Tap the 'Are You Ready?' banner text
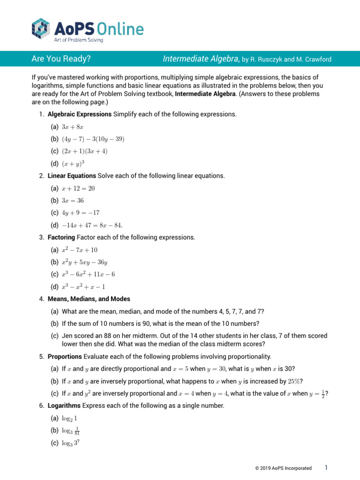tap(61, 59)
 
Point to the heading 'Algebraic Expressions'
tap(80, 114)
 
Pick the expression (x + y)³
tap(74, 164)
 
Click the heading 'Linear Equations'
tap(72, 176)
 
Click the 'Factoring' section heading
tap(61, 238)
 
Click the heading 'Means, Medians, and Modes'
tap(89, 299)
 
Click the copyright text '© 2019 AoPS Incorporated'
tap(280, 468)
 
